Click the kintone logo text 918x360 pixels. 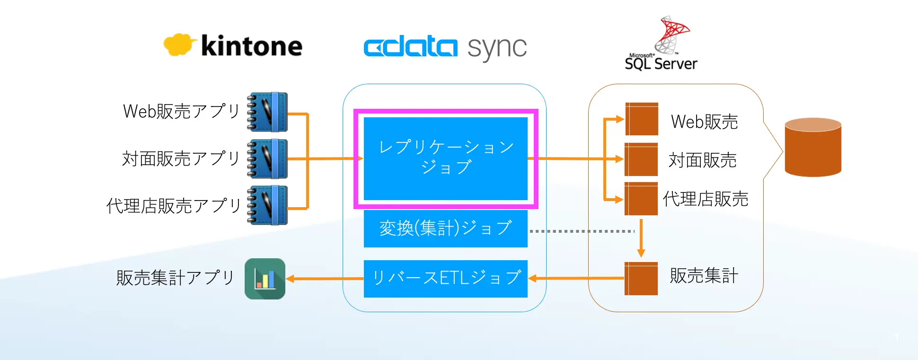click(x=251, y=46)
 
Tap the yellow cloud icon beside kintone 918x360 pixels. click(x=179, y=44)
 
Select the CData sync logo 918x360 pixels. click(x=445, y=47)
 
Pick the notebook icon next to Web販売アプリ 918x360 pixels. click(x=267, y=112)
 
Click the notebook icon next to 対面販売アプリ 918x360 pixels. click(x=267, y=159)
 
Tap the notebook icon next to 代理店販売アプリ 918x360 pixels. click(x=267, y=205)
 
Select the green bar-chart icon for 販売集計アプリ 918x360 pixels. click(x=265, y=279)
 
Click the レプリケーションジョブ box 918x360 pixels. click(x=445, y=158)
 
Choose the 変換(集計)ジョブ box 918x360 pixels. click(x=445, y=228)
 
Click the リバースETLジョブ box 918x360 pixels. click(x=445, y=279)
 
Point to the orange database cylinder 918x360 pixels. click(x=813, y=147)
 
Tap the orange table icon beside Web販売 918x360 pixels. click(x=642, y=119)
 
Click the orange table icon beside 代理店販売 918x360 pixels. click(x=641, y=199)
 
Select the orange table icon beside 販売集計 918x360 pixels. click(x=641, y=279)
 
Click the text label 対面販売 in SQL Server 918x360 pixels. click(x=703, y=160)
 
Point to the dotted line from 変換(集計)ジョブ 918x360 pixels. click(x=582, y=231)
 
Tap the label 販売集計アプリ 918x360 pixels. click(x=176, y=278)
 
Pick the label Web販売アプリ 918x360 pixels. click(x=181, y=111)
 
